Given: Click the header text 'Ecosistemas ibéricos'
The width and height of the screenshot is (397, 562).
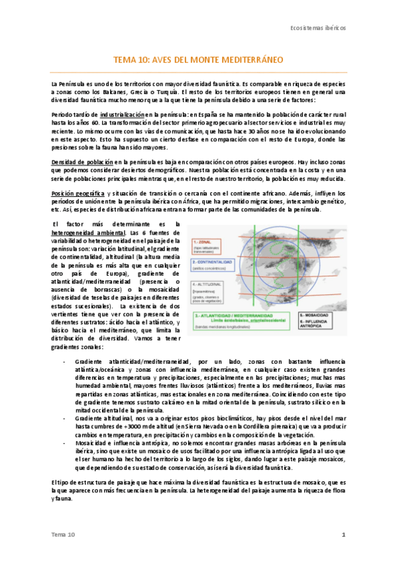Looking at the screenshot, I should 318,30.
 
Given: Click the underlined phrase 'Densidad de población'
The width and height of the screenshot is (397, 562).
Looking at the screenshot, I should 82,162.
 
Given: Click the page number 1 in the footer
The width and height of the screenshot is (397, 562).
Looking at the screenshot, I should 343,534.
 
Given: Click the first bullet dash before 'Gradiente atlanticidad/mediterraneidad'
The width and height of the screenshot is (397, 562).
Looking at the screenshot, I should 64,362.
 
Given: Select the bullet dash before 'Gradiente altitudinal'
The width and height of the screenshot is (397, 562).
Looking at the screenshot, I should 64,419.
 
